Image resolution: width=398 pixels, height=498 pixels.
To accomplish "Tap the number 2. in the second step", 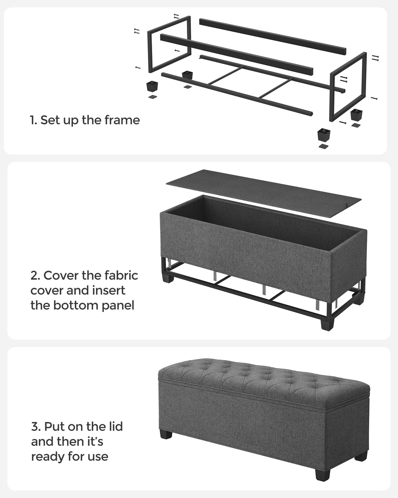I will pyautogui.click(x=35, y=276).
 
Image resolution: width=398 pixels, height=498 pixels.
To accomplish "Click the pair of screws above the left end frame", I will pyautogui.click(x=176, y=16).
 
